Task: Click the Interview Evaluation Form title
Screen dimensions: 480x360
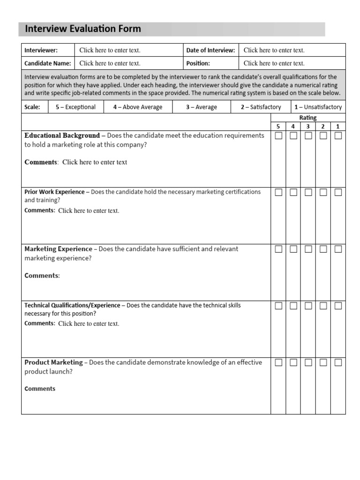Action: pyautogui.click(x=82, y=29)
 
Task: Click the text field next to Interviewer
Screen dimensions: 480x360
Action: pyautogui.click(x=110, y=50)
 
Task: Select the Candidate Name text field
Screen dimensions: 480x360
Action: pyautogui.click(x=110, y=63)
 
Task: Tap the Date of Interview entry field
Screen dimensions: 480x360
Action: pyautogui.click(x=274, y=50)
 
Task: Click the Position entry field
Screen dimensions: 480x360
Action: pyautogui.click(x=274, y=63)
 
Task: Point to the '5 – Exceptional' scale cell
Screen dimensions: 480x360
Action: pyautogui.click(x=75, y=107)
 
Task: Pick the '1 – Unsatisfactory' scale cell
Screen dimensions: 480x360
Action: pyautogui.click(x=318, y=107)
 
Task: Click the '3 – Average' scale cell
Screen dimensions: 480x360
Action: pyautogui.click(x=201, y=107)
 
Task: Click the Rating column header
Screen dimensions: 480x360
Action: pyautogui.click(x=308, y=118)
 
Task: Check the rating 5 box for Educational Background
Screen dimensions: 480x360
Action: pyautogui.click(x=278, y=136)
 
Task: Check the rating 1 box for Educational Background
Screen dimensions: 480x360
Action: pyautogui.click(x=338, y=136)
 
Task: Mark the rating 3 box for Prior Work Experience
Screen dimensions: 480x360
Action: pyautogui.click(x=308, y=192)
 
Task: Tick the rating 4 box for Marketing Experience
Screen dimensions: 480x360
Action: pyautogui.click(x=293, y=249)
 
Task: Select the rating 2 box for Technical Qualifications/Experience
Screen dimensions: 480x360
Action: pyautogui.click(x=323, y=306)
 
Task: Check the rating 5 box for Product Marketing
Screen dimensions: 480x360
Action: pyautogui.click(x=278, y=362)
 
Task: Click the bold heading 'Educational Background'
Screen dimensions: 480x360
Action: pyautogui.click(x=62, y=135)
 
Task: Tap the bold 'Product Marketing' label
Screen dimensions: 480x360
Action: pyautogui.click(x=53, y=362)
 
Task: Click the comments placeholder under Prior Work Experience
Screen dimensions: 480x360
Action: pyautogui.click(x=89, y=211)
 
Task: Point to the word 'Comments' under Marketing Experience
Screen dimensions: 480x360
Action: pyautogui.click(x=42, y=276)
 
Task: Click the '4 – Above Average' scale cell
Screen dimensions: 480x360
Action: pyautogui.click(x=137, y=107)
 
